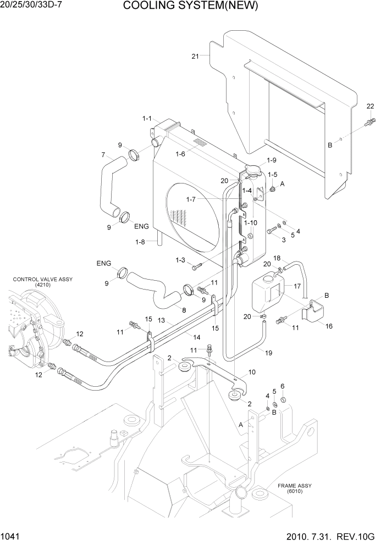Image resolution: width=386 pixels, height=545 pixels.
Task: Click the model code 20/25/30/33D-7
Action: pyautogui.click(x=34, y=6)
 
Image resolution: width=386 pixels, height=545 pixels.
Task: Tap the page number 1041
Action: pyautogui.click(x=12, y=536)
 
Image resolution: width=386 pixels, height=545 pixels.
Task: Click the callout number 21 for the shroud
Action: pyautogui.click(x=195, y=56)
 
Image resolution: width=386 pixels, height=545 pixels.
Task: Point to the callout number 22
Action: pyautogui.click(x=370, y=106)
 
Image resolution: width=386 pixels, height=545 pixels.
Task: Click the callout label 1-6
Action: pyautogui.click(x=180, y=154)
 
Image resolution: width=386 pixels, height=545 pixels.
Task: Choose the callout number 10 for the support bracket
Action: pyautogui.click(x=251, y=372)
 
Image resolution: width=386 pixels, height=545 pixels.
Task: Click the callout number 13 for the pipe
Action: pyautogui.click(x=162, y=320)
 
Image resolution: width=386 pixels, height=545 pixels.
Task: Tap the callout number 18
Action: pyautogui.click(x=277, y=258)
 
